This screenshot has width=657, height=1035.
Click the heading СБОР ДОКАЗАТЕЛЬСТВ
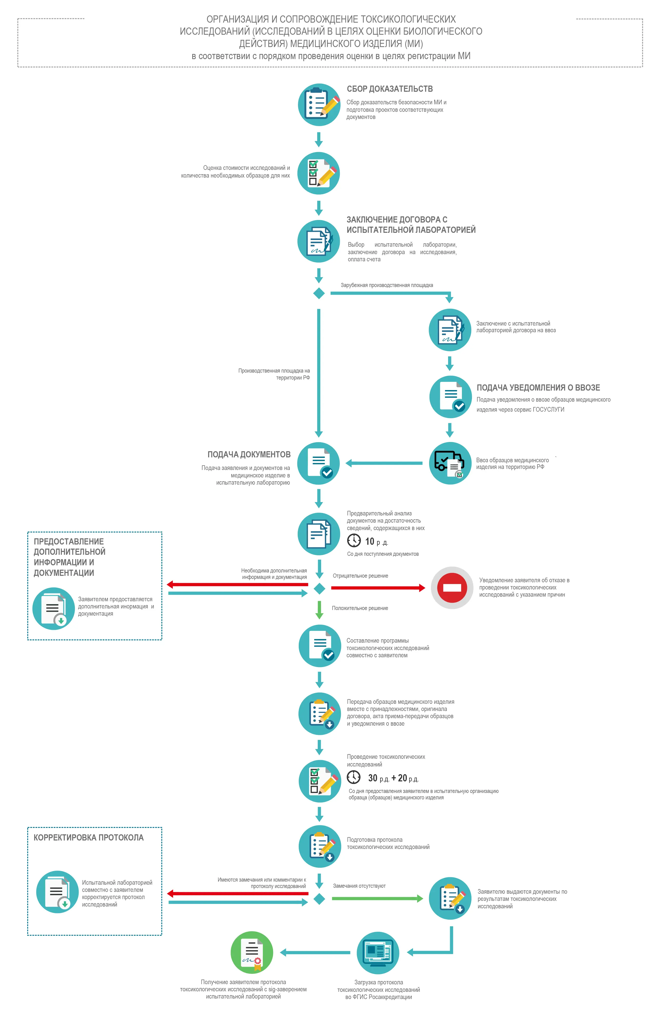tap(390, 89)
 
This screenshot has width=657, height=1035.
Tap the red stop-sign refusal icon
tap(452, 588)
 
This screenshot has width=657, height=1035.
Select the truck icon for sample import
tap(450, 463)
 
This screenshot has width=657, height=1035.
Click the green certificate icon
tap(252, 953)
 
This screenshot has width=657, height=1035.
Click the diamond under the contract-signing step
tap(319, 293)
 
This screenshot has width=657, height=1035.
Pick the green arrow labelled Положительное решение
tap(319, 609)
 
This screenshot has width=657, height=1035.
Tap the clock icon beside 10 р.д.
tap(354, 540)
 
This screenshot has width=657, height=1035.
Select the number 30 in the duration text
tap(372, 778)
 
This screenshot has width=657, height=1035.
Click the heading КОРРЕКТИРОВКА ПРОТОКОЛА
tap(89, 837)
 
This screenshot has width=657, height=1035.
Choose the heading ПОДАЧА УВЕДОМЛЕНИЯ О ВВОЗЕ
tap(538, 388)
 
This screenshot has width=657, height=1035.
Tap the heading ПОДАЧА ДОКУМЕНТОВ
tap(249, 455)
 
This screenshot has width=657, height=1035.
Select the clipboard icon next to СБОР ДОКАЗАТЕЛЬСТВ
tap(319, 104)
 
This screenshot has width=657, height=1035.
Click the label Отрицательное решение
tap(360, 576)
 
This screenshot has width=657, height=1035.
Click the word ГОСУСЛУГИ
tap(548, 410)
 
